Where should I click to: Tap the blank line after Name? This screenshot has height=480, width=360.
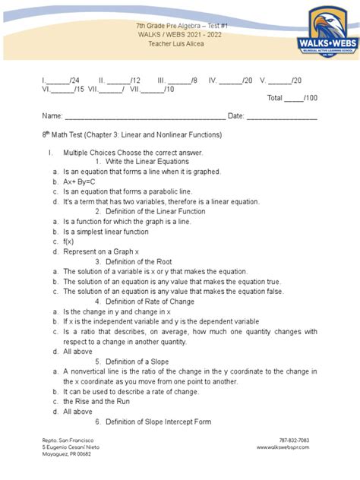coord(144,116)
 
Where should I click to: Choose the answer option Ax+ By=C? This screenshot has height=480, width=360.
coord(80,182)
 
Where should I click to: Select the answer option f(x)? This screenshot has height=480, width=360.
coord(69,242)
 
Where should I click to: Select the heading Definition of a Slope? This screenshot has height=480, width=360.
coord(141,361)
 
